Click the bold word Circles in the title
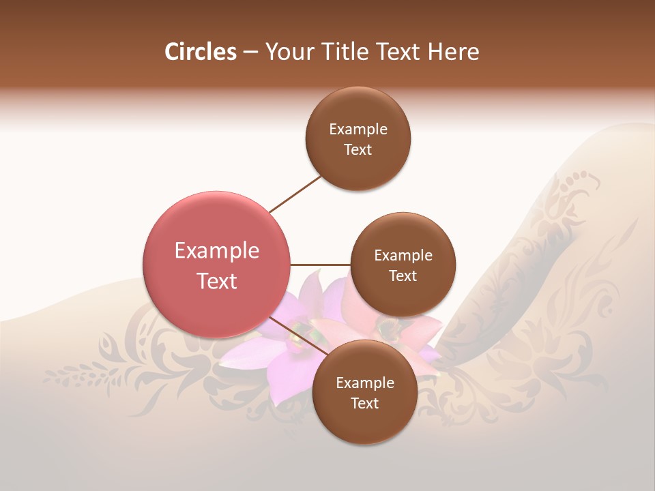tap(200, 52)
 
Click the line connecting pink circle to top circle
tap(295, 194)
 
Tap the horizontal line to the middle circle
tap(321, 265)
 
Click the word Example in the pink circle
tap(217, 251)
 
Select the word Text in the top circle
tap(358, 150)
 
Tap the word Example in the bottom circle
tap(364, 383)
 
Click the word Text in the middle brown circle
tap(403, 276)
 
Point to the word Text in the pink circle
tap(217, 281)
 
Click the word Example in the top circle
tap(358, 130)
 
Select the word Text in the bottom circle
tap(364, 404)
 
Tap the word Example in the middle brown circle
tap(403, 256)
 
